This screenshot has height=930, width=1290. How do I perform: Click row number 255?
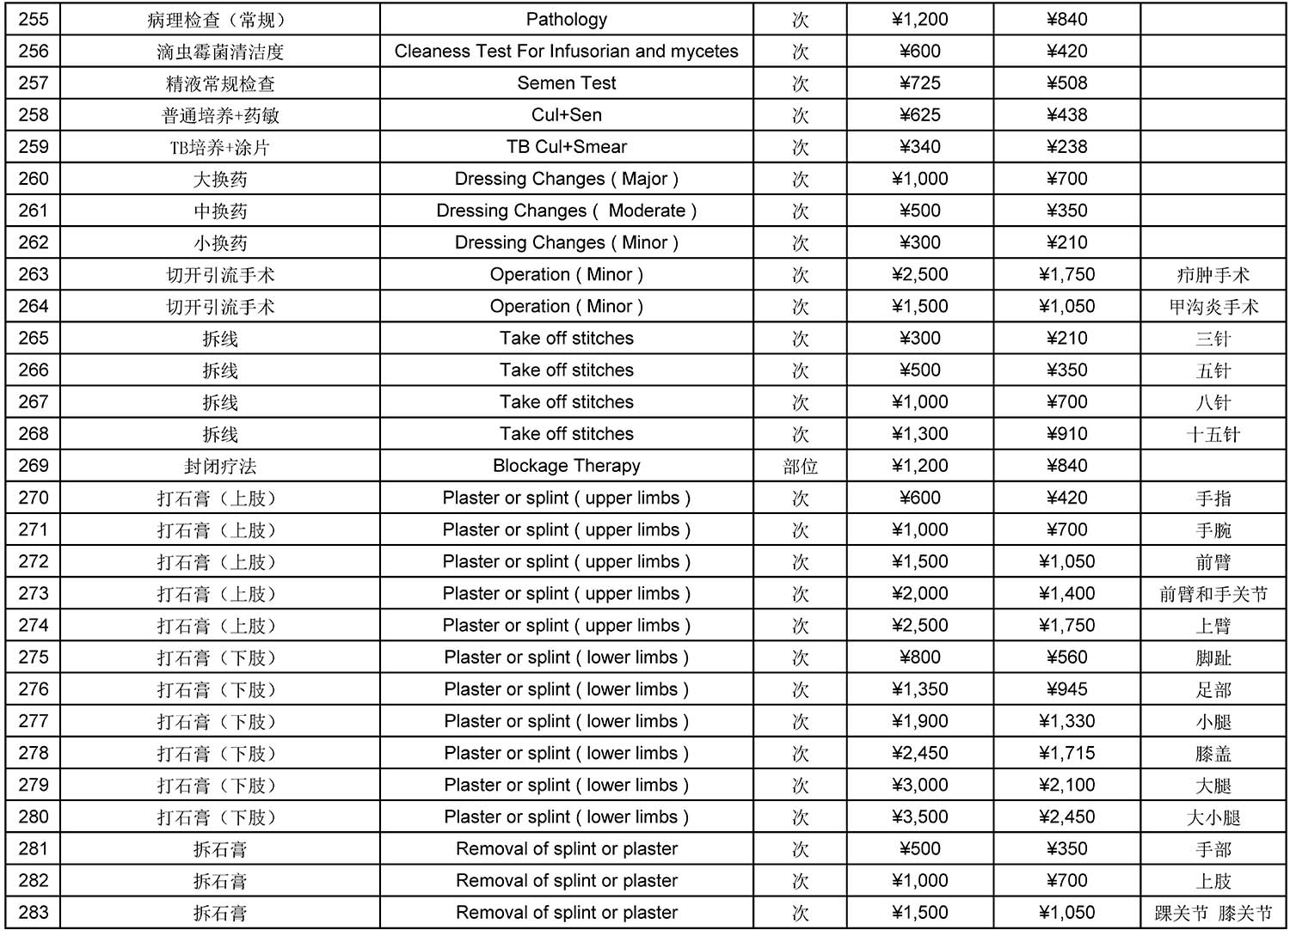coord(34,20)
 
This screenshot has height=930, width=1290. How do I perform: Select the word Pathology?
coord(566,20)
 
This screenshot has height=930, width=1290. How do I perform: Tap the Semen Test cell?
coord(566,83)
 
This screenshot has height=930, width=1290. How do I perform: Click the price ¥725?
coord(919,83)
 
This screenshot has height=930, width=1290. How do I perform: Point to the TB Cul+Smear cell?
coord(566,147)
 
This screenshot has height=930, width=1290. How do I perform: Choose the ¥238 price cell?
coord(1066,147)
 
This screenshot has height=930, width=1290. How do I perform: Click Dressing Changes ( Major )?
coord(566,179)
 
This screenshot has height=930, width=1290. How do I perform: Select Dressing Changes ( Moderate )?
coord(566,211)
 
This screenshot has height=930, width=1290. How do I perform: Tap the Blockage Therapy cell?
coord(566,466)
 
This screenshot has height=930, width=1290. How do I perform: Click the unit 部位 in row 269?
coord(800,466)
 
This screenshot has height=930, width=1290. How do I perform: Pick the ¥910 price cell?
coord(1066,434)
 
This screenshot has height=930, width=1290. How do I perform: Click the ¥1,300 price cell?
coord(919,434)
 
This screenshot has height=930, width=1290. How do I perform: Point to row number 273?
coord(34,593)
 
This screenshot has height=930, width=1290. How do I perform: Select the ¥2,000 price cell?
coord(919,593)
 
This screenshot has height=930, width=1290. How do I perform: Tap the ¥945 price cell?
coord(1066,689)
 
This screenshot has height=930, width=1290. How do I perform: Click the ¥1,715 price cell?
coord(1066,753)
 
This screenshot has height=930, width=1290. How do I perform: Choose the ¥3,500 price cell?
coord(919,817)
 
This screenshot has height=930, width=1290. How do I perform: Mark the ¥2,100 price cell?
coord(1066,785)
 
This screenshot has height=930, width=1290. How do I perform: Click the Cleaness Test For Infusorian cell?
coord(566,52)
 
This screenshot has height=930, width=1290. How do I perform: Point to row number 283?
coord(34,912)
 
